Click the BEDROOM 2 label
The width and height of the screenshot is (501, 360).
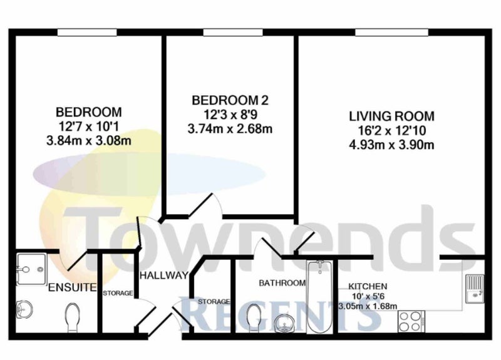click(x=230, y=100)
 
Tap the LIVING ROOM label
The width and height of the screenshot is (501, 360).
click(x=391, y=116)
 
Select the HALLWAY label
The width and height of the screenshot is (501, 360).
click(x=164, y=275)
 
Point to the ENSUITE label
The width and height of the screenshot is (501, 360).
click(x=72, y=287)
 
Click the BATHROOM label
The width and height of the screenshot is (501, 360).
click(x=282, y=283)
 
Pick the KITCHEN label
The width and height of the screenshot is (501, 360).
click(x=368, y=286)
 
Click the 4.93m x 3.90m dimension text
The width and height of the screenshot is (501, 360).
click(x=391, y=145)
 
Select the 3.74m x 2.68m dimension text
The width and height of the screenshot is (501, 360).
click(x=230, y=129)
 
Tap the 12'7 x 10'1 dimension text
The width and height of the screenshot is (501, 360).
click(x=88, y=126)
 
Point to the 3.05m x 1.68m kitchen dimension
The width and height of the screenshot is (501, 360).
click(x=368, y=306)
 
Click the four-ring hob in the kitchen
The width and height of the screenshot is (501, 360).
click(x=411, y=322)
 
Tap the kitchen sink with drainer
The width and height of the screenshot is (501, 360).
click(x=475, y=289)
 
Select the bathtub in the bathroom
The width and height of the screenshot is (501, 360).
click(x=320, y=296)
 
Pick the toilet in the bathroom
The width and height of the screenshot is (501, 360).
click(x=255, y=317)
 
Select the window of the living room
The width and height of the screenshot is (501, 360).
click(x=392, y=33)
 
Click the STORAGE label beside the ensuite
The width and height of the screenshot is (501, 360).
click(x=118, y=293)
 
